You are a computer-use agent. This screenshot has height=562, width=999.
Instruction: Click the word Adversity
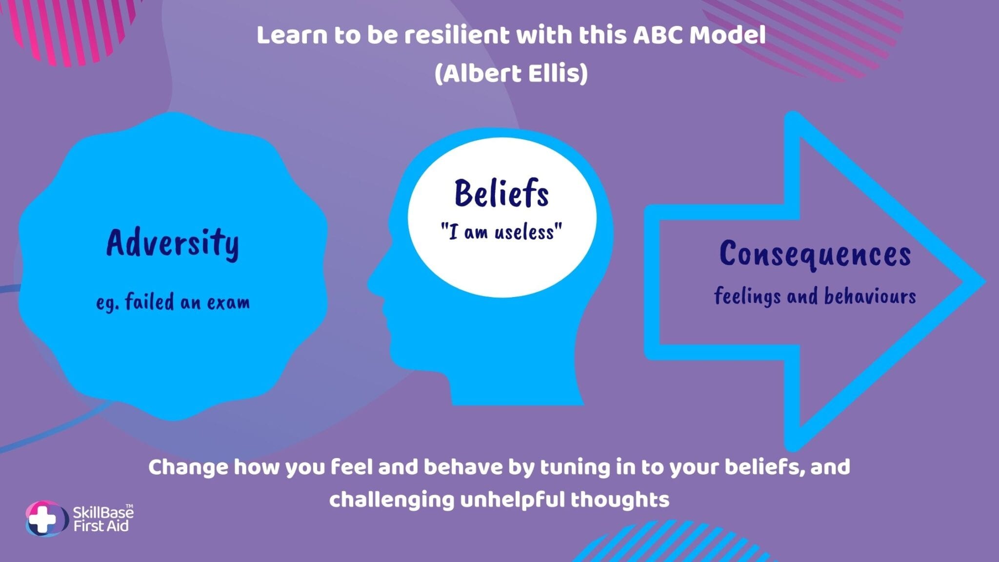(173, 243)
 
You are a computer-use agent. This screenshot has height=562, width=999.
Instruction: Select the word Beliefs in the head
(501, 193)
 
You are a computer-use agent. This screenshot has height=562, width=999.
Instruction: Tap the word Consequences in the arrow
(815, 255)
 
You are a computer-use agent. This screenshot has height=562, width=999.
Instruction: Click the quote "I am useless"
(501, 232)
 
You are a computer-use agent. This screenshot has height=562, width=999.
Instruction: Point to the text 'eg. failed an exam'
(173, 302)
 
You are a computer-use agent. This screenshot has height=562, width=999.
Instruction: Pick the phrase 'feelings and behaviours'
(815, 296)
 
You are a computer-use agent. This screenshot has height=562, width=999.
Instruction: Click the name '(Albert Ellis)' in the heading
(511, 74)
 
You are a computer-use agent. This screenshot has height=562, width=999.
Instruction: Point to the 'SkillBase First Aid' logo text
(103, 519)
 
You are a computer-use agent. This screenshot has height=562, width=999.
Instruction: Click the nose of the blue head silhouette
(373, 283)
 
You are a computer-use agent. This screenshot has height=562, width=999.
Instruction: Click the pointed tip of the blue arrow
(984, 281)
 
